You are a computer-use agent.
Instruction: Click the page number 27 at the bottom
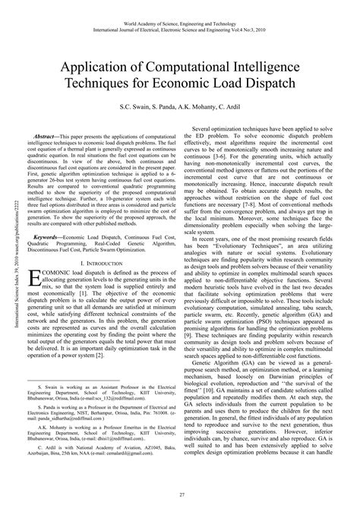[180, 495]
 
